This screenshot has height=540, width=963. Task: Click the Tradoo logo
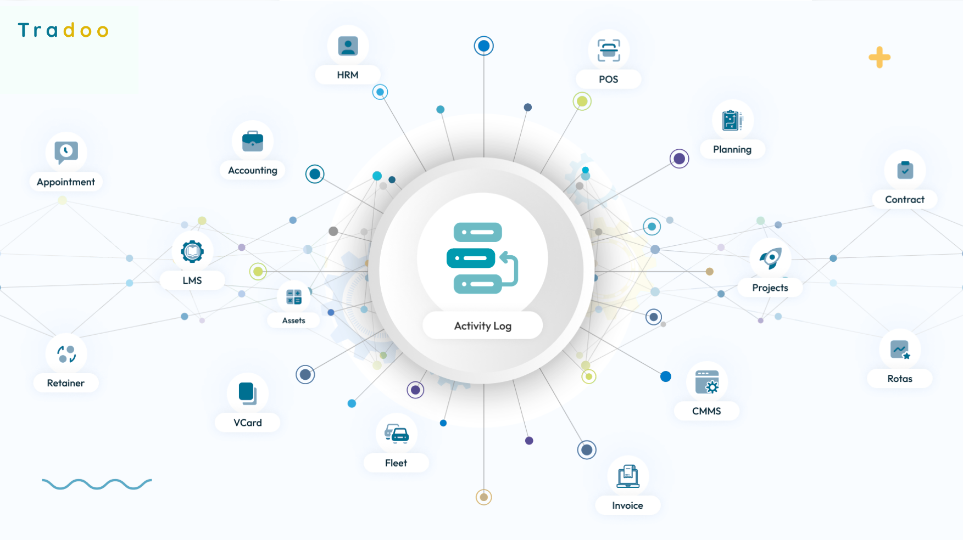63,30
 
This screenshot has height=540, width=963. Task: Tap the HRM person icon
348,46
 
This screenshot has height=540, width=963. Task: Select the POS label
608,79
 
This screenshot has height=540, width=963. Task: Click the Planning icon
732,120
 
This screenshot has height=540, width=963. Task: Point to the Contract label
904,199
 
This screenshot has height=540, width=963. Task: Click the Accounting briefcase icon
253,141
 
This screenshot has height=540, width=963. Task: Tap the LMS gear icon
192,251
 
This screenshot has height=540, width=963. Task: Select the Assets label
293,320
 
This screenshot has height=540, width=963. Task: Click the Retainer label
65,383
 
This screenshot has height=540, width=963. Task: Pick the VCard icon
248,393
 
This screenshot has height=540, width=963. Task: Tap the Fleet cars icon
397,434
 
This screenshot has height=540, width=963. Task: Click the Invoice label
627,505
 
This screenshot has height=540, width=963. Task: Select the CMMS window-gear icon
707,382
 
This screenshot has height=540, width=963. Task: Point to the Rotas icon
900,350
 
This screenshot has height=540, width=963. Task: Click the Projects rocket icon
770,258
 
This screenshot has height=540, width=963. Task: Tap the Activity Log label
482,326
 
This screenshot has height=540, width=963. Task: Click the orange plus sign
879,57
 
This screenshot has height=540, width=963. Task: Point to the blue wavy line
97,484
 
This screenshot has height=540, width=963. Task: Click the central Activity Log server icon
482,258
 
